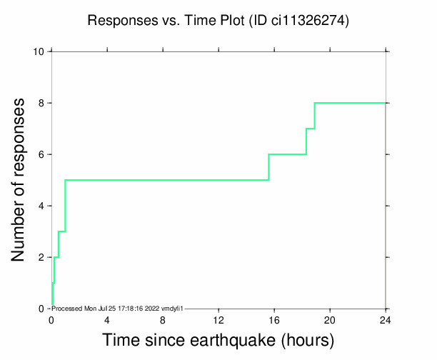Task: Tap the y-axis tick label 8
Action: click(x=41, y=103)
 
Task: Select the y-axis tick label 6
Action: click(x=41, y=154)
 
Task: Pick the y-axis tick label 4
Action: click(x=41, y=206)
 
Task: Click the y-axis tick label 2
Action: click(x=41, y=257)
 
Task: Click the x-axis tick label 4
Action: click(x=107, y=319)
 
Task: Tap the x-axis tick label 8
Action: click(x=163, y=319)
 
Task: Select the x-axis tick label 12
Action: click(x=218, y=319)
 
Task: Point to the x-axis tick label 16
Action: click(x=274, y=319)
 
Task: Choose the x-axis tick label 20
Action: click(x=330, y=319)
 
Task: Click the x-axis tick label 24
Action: click(x=386, y=319)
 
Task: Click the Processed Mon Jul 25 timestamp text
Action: click(x=119, y=308)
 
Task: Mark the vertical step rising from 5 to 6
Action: click(x=268, y=167)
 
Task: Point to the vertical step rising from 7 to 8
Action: click(x=314, y=116)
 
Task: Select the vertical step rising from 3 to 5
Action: click(x=65, y=206)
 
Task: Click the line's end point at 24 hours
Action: click(x=386, y=103)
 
